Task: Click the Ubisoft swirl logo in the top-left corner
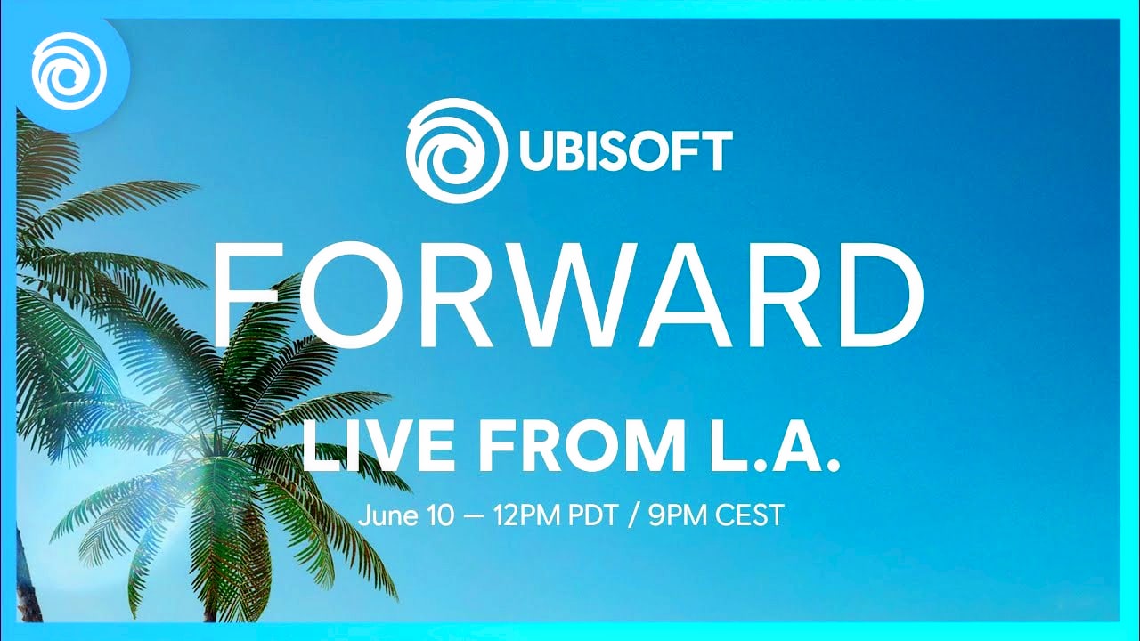[69, 70]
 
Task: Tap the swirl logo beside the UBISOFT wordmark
[457, 150]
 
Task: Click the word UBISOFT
[626, 150]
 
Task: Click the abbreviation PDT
[593, 515]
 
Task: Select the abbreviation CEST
[749, 515]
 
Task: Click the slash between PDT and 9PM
[633, 515]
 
